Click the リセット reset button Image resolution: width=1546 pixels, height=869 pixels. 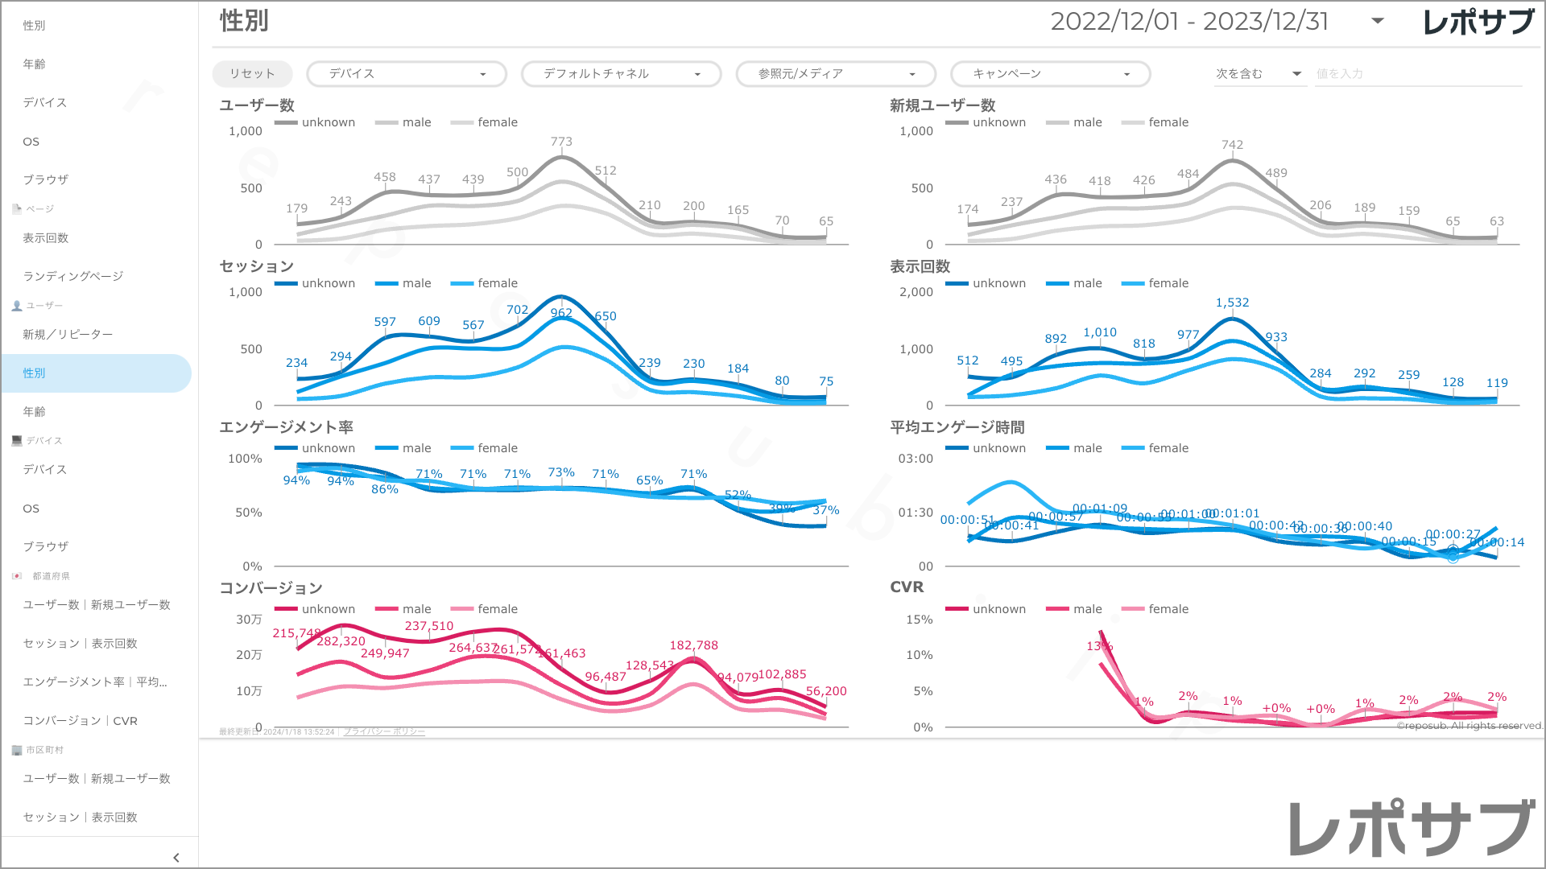[x=252, y=74]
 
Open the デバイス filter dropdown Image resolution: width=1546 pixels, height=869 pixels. [x=407, y=74]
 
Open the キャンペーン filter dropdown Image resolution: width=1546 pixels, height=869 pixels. [x=1050, y=74]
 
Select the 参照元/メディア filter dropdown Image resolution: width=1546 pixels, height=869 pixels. [x=836, y=74]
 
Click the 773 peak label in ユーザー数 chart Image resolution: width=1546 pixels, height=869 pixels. [x=561, y=142]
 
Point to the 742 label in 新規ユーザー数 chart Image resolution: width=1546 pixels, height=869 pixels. [x=1232, y=145]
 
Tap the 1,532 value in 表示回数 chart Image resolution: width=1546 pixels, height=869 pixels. [x=1232, y=303]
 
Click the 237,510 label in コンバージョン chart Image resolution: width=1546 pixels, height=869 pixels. [x=428, y=626]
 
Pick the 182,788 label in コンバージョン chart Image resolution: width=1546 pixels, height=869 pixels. [x=693, y=645]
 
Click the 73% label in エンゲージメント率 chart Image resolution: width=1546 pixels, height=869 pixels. [x=561, y=472]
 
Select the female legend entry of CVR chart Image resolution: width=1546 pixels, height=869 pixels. [x=1155, y=609]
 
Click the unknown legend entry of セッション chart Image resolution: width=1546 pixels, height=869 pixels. [x=315, y=283]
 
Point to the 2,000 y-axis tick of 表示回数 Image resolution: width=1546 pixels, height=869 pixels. [x=916, y=292]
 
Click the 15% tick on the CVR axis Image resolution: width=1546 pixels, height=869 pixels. [x=919, y=620]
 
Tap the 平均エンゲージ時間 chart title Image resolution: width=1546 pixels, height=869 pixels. [x=957, y=427]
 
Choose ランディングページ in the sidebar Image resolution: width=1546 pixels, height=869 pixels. [x=73, y=277]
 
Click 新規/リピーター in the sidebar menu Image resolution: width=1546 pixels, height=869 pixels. [x=68, y=335]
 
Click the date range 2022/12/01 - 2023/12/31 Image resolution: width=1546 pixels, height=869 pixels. [x=1189, y=22]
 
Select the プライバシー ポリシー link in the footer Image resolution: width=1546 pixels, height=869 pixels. [x=384, y=731]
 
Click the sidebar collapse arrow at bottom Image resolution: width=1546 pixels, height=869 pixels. [x=176, y=858]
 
